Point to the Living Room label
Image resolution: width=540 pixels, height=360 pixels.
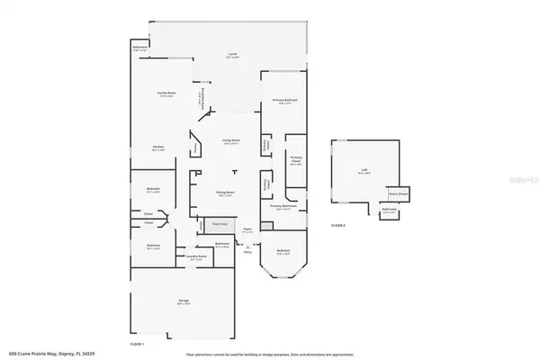tap(230, 141)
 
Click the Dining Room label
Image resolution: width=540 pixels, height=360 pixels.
tap(225, 193)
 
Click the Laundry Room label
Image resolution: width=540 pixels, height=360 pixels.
tap(197, 256)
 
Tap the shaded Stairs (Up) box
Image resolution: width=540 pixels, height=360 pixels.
tap(219, 224)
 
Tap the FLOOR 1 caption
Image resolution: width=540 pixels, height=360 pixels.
tap(137, 343)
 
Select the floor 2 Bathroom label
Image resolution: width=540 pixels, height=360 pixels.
tap(389, 211)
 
